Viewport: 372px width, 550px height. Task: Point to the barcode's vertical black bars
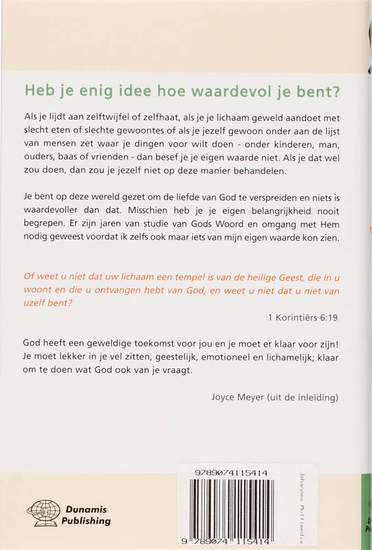(234, 509)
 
